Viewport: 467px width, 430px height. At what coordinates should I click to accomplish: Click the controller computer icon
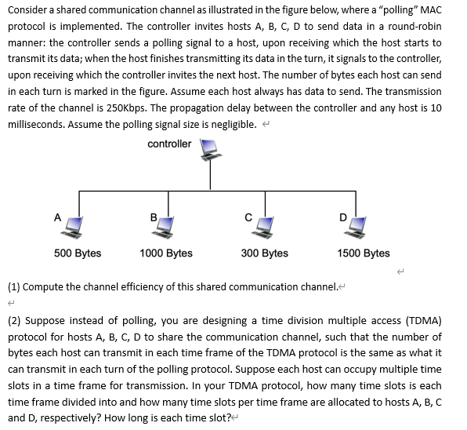pos(210,149)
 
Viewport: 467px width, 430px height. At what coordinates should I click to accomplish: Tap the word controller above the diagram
pos(168,144)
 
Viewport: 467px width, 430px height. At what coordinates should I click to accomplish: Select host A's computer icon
pos(75,226)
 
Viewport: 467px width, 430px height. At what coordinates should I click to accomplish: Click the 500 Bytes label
pos(78,253)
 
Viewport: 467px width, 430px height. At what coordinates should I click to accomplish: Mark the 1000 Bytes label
pos(166,253)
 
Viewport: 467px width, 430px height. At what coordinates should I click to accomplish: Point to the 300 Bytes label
pos(265,253)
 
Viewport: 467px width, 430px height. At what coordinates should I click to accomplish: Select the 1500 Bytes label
pos(364,253)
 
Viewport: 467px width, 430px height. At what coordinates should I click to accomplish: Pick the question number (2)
pos(14,320)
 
